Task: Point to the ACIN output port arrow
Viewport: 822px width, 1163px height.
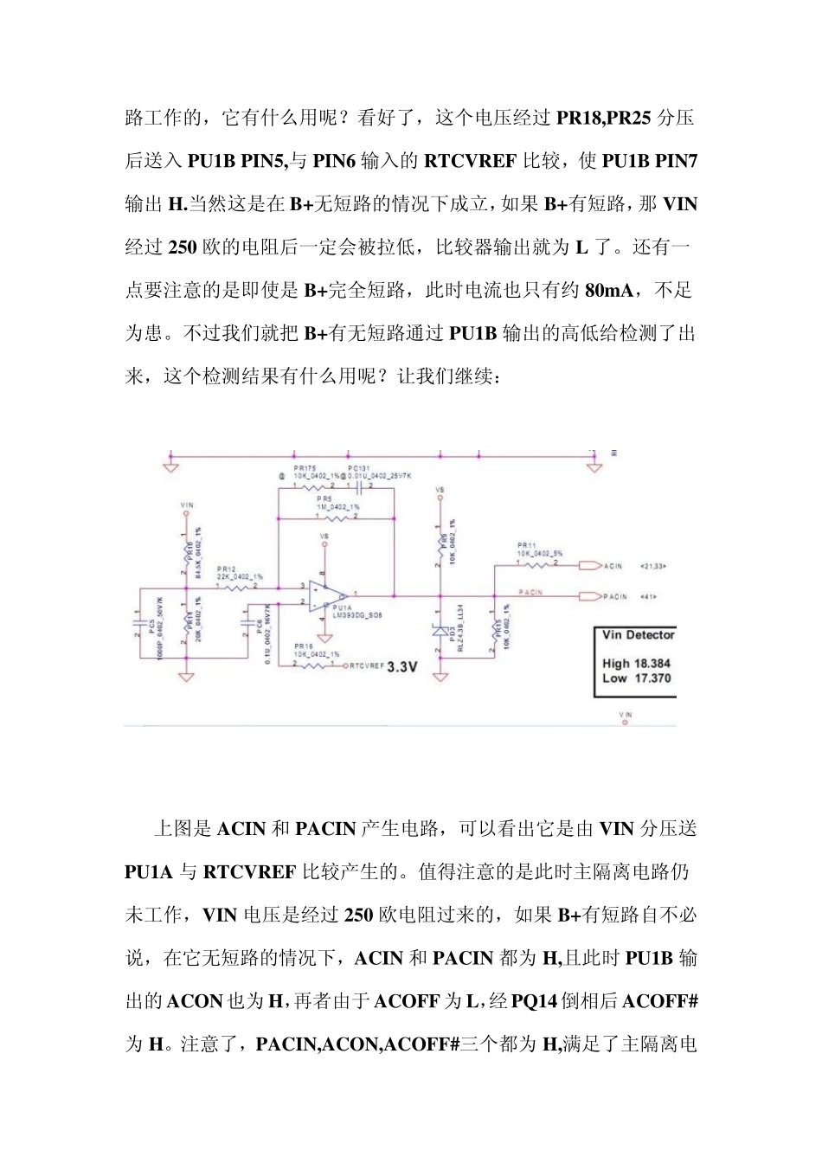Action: point(589,565)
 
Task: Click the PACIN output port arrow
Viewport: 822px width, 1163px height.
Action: point(589,596)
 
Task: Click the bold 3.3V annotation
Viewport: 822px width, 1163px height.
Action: point(402,667)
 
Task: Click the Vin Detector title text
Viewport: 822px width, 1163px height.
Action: point(638,635)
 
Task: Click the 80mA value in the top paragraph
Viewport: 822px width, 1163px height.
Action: point(609,291)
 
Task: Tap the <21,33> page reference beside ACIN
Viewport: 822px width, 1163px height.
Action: point(653,566)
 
